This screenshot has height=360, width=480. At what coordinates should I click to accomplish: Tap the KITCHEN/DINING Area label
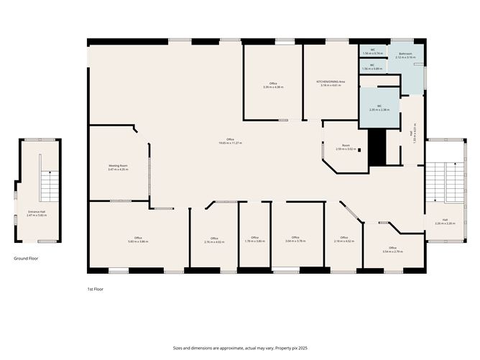pyautogui.click(x=331, y=82)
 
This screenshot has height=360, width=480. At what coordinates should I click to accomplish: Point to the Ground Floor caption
pyautogui.click(x=27, y=257)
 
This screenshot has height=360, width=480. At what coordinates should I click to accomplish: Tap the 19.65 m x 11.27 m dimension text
pyautogui.click(x=230, y=143)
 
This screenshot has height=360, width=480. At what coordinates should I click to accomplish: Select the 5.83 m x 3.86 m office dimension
pyautogui.click(x=138, y=241)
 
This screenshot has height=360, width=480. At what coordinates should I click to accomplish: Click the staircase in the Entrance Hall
pyautogui.click(x=48, y=188)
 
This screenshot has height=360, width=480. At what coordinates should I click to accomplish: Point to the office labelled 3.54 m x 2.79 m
pyautogui.click(x=392, y=251)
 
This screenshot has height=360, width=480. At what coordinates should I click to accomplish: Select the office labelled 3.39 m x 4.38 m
pyautogui.click(x=273, y=86)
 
